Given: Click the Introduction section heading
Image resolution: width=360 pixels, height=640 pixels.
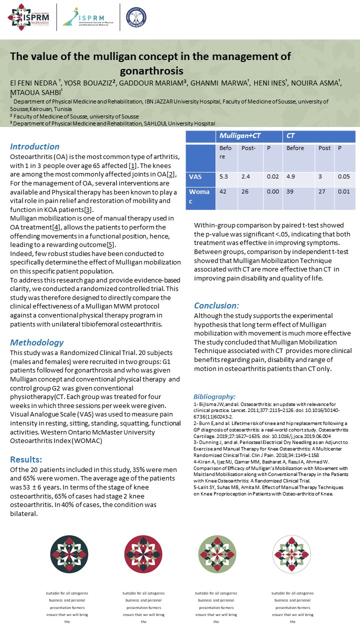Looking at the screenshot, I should click(x=35, y=146).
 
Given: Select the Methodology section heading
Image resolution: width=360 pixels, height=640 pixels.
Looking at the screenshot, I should click(x=37, y=342).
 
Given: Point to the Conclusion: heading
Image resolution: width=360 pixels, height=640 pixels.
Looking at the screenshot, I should click(x=216, y=305).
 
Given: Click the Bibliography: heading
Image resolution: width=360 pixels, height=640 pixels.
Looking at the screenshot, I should click(x=214, y=396).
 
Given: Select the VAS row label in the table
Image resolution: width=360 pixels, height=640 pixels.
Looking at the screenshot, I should click(x=195, y=176).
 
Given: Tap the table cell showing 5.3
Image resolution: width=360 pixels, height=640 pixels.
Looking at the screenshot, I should click(x=224, y=176).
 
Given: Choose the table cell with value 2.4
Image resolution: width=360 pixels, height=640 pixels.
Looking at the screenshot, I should click(x=246, y=176).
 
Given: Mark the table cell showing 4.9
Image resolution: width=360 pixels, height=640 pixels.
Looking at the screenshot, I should click(x=291, y=176).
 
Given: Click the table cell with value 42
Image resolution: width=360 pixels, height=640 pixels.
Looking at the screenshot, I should click(x=223, y=191).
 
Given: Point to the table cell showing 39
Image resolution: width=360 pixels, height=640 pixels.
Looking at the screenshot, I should click(x=290, y=191).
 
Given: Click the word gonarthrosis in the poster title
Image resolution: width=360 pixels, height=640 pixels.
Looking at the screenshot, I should click(x=151, y=70).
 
